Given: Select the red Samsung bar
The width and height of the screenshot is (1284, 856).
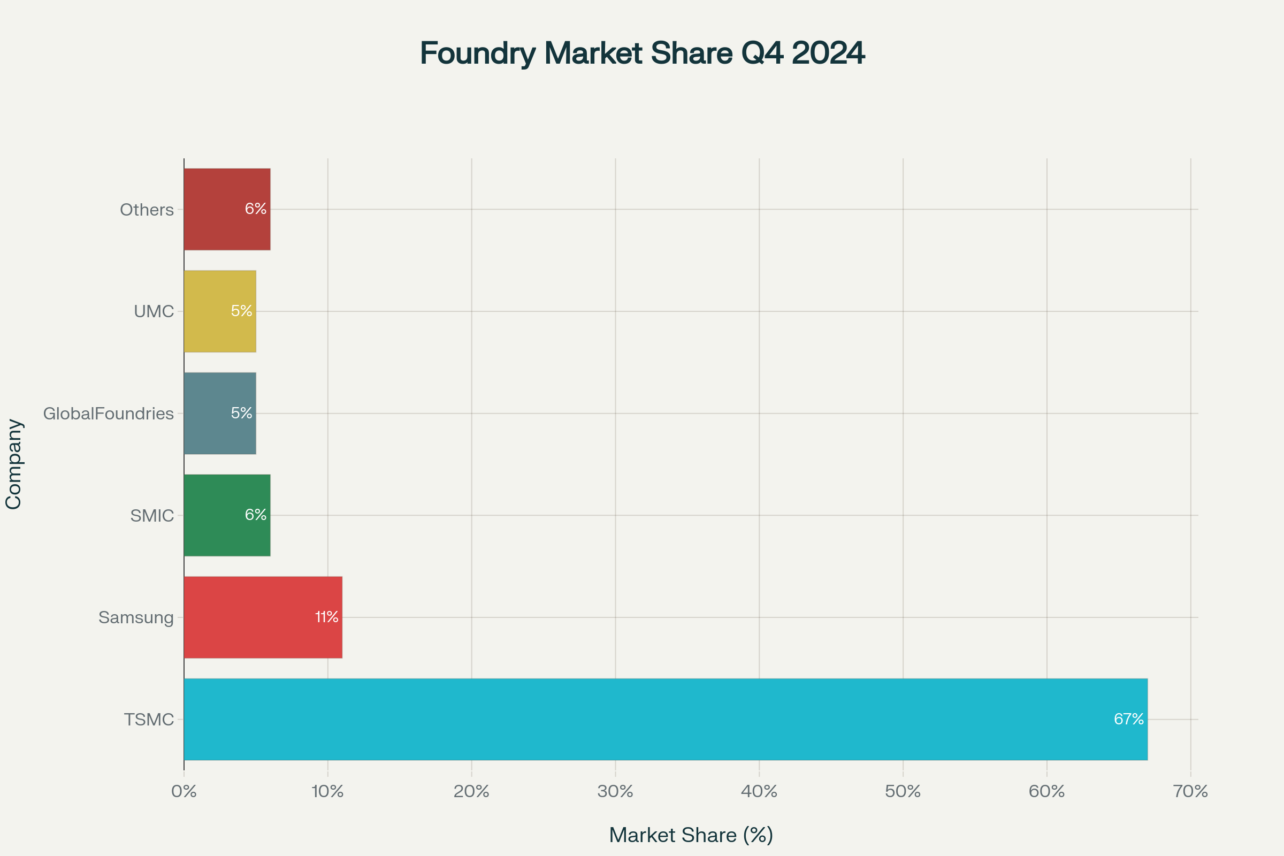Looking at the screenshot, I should click(263, 617).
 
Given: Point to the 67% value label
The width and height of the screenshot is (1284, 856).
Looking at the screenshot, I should click(1128, 719).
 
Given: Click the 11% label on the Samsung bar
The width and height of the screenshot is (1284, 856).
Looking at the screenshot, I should click(326, 617).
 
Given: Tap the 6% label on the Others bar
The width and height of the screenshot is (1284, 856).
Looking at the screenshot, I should click(256, 209).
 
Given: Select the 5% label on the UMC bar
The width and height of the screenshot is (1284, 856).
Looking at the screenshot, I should click(241, 311).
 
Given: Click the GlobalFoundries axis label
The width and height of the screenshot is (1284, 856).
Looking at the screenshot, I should click(108, 413).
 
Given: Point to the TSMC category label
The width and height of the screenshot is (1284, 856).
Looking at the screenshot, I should click(149, 720).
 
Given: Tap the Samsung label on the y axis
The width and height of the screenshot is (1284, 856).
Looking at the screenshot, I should click(136, 617).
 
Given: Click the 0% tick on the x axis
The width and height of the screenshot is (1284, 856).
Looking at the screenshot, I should click(184, 791).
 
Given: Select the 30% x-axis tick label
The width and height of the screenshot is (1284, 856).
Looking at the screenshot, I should click(615, 791).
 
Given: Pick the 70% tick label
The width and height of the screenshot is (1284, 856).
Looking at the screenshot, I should click(1191, 791).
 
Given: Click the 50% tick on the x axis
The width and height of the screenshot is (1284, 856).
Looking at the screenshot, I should click(903, 791).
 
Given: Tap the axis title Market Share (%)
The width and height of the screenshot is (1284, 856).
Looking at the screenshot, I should click(691, 835).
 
